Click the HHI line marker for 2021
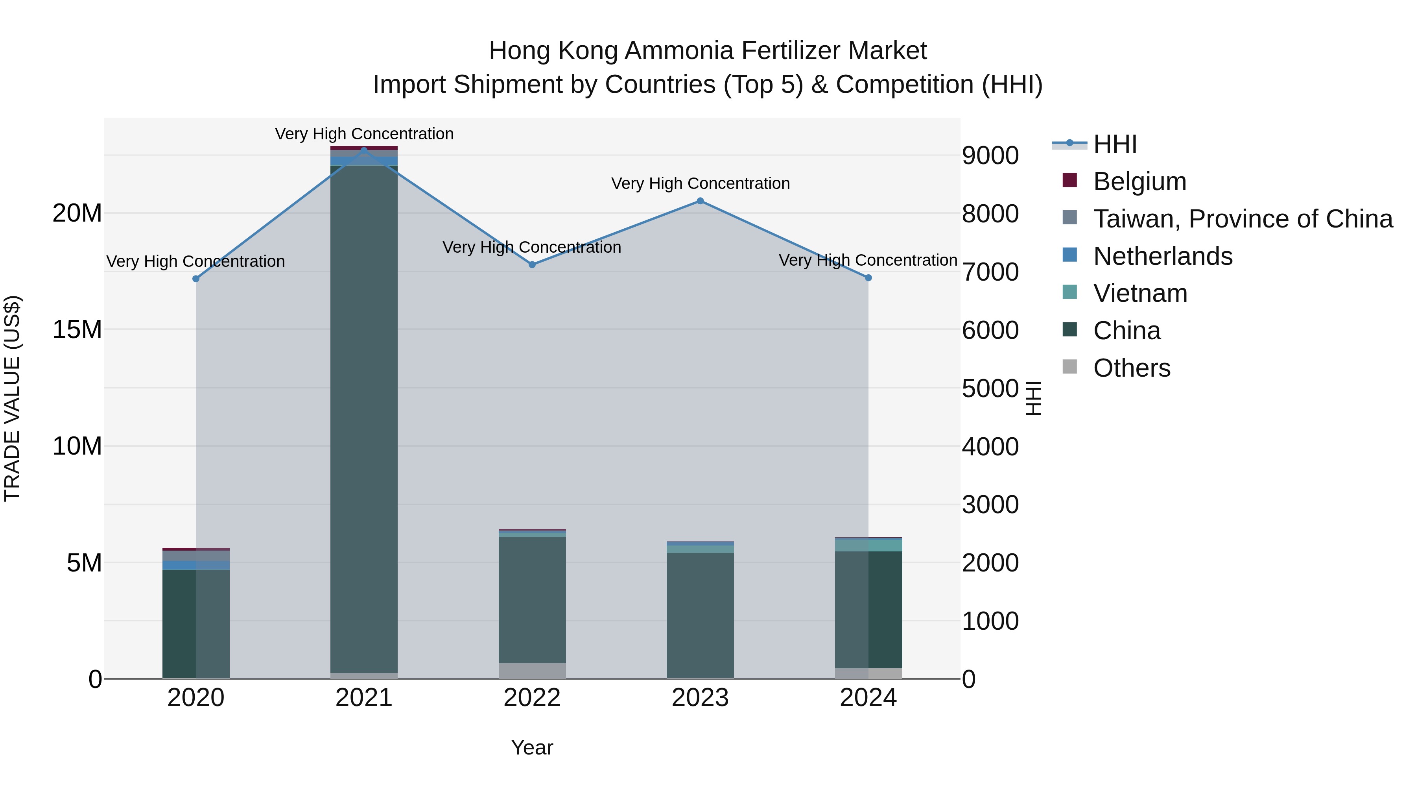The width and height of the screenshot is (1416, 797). pos(364,150)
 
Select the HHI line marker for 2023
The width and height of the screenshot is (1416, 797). pos(700,201)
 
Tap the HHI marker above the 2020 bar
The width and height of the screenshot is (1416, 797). pos(196,279)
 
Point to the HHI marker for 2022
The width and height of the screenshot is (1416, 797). pos(532,264)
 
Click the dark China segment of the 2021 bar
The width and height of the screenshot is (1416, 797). pos(364,418)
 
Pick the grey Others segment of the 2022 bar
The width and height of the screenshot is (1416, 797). pos(532,671)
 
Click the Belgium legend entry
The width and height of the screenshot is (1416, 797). pos(1139,181)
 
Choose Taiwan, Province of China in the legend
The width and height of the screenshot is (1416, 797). pos(1242,219)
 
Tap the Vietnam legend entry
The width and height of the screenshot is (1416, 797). pos(1139,293)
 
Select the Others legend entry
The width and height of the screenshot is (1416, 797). pos(1131,368)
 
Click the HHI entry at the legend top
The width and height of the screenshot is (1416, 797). pos(1114,144)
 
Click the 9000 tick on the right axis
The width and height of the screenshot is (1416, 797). pos(990,155)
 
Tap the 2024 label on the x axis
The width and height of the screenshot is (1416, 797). pos(868,698)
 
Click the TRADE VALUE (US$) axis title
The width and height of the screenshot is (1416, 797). pos(12,398)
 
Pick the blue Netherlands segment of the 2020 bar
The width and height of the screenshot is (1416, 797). pos(196,565)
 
